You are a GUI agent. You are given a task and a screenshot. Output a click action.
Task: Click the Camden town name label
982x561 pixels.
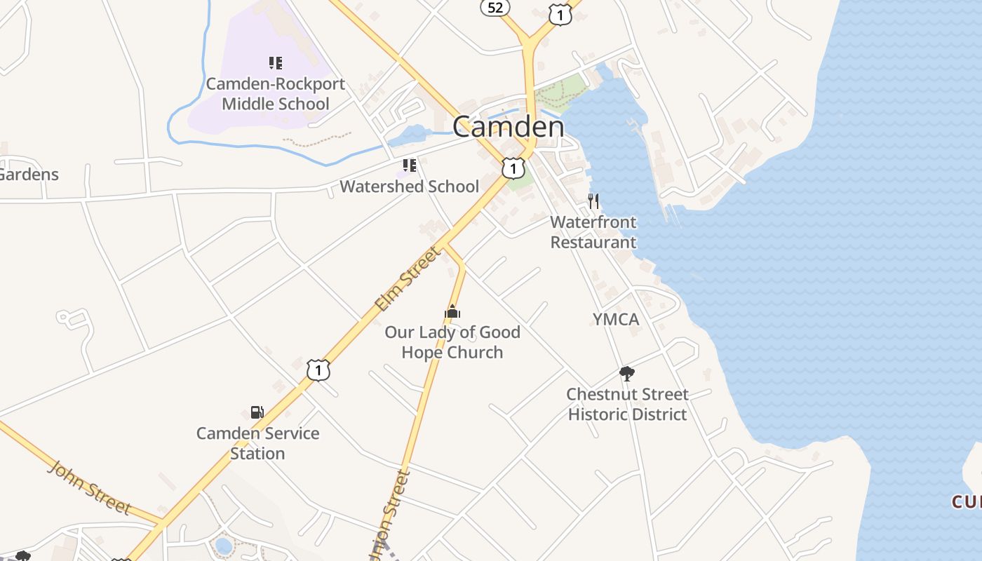[x=508, y=127]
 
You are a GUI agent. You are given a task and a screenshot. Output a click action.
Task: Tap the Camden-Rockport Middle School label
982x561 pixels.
[x=275, y=94]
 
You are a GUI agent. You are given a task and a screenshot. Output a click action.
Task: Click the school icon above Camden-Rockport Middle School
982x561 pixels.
[x=275, y=63]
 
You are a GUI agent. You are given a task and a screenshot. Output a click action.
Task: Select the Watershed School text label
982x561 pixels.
[x=410, y=187]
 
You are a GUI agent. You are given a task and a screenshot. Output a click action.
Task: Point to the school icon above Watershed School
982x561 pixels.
[x=410, y=165]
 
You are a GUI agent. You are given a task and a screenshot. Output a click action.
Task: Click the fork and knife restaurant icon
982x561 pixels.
[x=593, y=202]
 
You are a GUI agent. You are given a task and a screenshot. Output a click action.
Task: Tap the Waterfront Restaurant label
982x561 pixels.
[x=593, y=232]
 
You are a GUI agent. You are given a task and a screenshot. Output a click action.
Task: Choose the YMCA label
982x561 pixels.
[x=616, y=320]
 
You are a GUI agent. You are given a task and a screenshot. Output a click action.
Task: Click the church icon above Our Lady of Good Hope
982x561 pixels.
[x=452, y=311]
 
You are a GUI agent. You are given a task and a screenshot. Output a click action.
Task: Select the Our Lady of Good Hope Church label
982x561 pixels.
[x=452, y=342]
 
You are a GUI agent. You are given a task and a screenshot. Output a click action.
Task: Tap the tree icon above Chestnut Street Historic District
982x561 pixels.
[x=627, y=373]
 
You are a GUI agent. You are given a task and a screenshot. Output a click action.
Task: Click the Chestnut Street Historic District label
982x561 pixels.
[x=627, y=404]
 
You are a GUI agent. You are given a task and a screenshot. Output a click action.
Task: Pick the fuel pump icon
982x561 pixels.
[x=257, y=412]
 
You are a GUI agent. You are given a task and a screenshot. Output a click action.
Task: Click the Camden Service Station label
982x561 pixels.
[x=257, y=443]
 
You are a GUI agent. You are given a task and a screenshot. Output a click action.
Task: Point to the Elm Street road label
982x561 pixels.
[x=406, y=279]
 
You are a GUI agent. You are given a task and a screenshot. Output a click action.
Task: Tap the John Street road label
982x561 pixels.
[x=89, y=487]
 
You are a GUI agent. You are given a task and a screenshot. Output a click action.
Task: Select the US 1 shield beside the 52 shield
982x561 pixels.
[x=560, y=15]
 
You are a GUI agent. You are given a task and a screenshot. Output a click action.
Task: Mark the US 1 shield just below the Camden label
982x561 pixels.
[x=513, y=168]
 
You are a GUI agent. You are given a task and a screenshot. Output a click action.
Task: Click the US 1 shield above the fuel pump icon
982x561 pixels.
[x=318, y=370]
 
